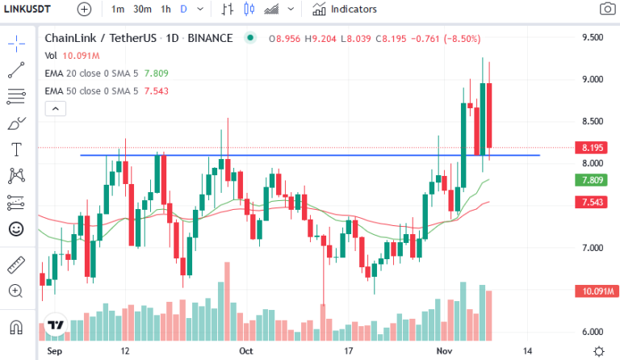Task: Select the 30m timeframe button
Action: [x=142, y=10]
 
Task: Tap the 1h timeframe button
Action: [x=165, y=10]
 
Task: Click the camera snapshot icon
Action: [x=606, y=10]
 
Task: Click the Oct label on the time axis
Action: [x=246, y=352]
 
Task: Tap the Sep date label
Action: [x=55, y=352]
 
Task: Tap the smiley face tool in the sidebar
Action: [x=15, y=228]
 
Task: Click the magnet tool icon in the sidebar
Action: [x=15, y=328]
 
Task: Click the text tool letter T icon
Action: [x=15, y=150]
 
